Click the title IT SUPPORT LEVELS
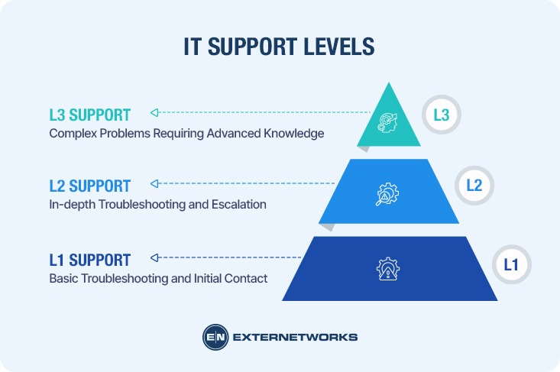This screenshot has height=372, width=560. click(280, 47)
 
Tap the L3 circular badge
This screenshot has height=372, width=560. click(441, 116)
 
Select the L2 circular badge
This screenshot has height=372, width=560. click(474, 185)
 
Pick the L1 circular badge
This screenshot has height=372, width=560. click(510, 265)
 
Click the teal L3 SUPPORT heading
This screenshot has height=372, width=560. click(89, 115)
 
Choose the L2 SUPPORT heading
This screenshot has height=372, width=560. click(89, 185)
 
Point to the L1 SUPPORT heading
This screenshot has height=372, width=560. click(89, 259)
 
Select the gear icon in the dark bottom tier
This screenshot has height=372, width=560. click(389, 269)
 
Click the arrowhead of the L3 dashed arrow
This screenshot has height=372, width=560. click(154, 112)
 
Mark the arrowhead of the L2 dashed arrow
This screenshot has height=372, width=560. click(154, 183)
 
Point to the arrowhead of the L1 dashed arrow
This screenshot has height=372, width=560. click(154, 257)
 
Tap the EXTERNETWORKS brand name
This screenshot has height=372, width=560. click(294, 337)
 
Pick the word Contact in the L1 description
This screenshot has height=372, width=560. click(246, 279)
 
